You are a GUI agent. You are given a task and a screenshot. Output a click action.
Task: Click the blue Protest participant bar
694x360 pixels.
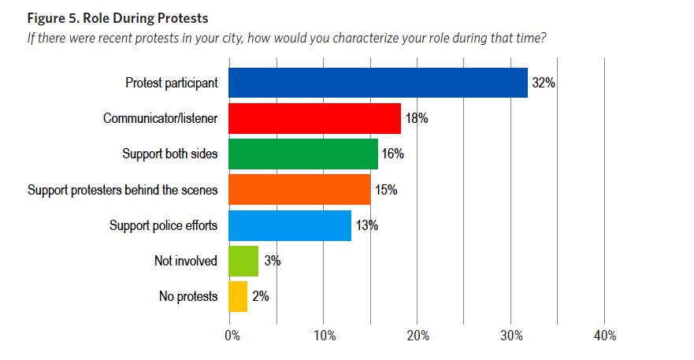(378, 82)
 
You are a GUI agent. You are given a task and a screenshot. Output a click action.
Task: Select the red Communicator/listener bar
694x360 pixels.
(314, 118)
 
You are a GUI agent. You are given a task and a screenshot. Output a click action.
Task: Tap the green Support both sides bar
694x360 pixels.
(303, 153)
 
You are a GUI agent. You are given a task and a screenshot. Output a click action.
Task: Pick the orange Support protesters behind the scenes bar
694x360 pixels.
(299, 189)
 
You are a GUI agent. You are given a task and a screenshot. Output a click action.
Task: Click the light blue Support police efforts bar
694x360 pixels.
(289, 225)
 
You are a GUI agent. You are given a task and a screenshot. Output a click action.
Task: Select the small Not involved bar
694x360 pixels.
(243, 261)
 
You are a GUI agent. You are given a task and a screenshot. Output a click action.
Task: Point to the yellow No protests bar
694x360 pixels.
(238, 296)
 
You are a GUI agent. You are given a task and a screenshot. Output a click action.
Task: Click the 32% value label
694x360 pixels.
(544, 82)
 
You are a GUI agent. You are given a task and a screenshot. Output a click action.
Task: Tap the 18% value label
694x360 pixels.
(416, 118)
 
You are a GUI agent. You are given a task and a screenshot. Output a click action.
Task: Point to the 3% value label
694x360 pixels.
(273, 261)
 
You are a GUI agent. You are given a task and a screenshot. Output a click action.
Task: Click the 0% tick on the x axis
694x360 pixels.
(232, 336)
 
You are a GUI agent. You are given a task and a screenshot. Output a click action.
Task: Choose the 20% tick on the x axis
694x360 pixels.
(418, 336)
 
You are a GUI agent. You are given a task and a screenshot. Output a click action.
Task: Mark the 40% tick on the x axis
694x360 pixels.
(605, 336)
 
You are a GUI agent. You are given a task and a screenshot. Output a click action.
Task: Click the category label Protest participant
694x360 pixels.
(171, 82)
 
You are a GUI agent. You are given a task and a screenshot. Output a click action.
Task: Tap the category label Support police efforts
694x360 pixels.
(163, 225)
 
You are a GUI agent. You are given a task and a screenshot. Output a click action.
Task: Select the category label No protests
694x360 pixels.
(187, 296)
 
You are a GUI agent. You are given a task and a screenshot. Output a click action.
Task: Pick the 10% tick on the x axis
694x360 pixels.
(325, 336)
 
